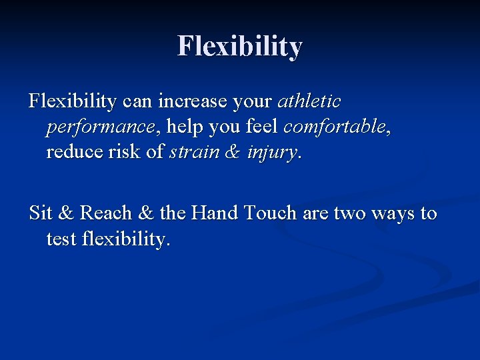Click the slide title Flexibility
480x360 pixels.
click(240, 47)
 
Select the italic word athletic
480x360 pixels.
click(309, 102)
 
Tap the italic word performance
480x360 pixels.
click(104, 127)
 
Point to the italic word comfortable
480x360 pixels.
click(335, 127)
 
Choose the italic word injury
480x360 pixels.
click(272, 153)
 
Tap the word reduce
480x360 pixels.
click(73, 152)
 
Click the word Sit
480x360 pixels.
click(41, 213)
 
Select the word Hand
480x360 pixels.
click(215, 213)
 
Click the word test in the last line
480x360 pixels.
click(61, 239)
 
